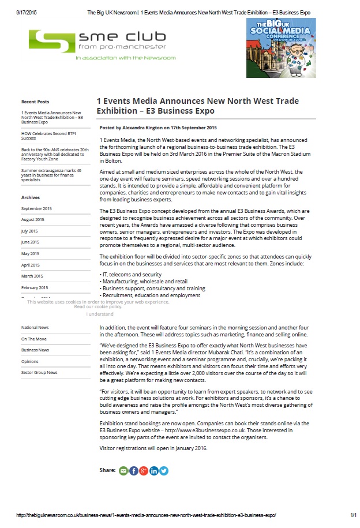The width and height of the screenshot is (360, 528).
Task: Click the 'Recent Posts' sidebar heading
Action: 35,102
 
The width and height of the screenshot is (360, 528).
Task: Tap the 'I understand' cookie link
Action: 100,314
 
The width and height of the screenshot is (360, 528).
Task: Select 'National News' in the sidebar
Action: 35,328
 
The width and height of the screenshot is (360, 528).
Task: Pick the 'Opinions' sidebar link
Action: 30,361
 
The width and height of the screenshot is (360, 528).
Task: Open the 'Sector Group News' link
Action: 39,372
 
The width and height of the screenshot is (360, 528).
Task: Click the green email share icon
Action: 123,471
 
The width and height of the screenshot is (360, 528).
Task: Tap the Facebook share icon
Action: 134,471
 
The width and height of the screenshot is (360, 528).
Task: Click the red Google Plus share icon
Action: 144,471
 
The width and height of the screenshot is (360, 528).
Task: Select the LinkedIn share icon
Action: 154,471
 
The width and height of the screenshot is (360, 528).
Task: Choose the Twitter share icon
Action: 164,471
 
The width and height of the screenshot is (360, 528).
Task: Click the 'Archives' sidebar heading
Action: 31,197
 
